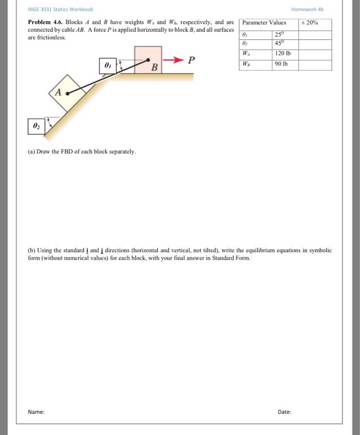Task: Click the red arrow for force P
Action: coord(174,60)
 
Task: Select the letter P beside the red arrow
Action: coord(192,60)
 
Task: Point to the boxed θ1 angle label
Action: coord(108,65)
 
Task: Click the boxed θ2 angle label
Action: coord(35,126)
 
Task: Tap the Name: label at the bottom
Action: coord(36,411)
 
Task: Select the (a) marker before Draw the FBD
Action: coord(32,152)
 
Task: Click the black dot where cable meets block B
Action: coord(147,61)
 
